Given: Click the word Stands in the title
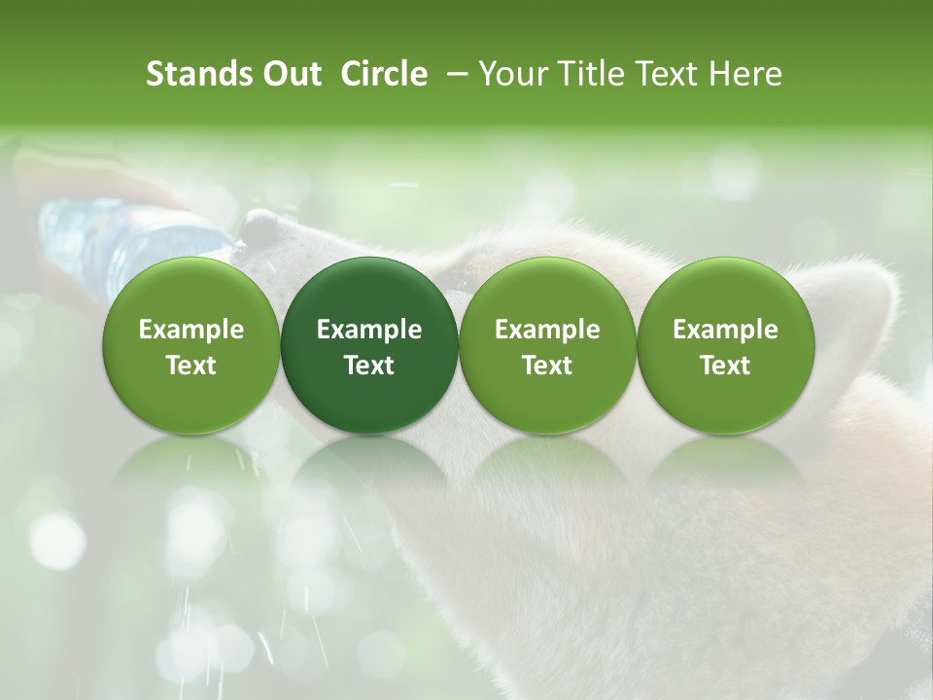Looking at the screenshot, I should pyautogui.click(x=197, y=74).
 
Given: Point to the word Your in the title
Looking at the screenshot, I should pyautogui.click(x=512, y=74).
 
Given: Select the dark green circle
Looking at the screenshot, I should pyautogui.click(x=369, y=345).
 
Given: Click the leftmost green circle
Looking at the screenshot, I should pyautogui.click(x=191, y=345).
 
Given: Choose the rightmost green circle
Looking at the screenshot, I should pyautogui.click(x=725, y=345).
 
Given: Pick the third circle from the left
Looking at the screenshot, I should pyautogui.click(x=547, y=345).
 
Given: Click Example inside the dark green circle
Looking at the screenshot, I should pyautogui.click(x=369, y=330).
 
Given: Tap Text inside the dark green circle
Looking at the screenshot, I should pyautogui.click(x=369, y=365).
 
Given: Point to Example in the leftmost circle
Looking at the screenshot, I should pyautogui.click(x=191, y=330).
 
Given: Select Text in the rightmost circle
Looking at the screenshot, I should pyautogui.click(x=725, y=365).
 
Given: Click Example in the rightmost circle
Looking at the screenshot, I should pyautogui.click(x=725, y=330).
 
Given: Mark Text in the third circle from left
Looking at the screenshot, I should pyautogui.click(x=547, y=365).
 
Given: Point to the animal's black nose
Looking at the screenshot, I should pyautogui.click(x=259, y=227).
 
